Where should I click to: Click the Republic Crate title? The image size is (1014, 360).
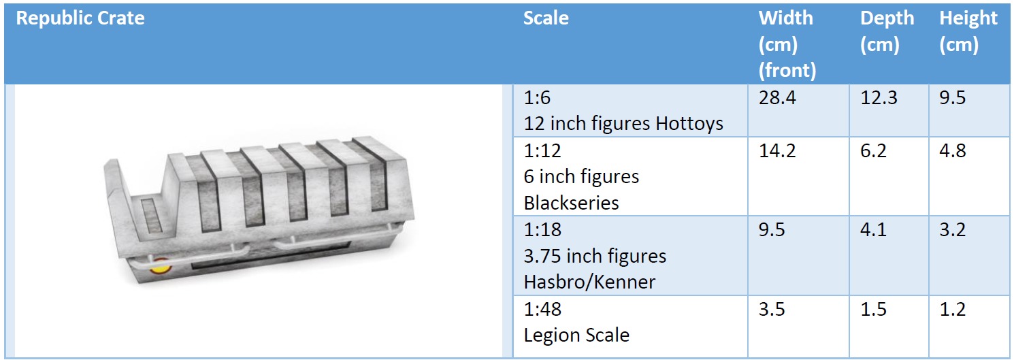click(80, 18)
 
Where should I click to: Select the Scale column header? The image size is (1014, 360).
click(546, 18)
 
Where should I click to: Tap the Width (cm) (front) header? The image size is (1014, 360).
click(786, 44)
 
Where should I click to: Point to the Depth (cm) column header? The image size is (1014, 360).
click(887, 31)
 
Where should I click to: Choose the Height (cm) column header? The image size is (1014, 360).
click(968, 31)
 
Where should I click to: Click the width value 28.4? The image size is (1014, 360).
click(777, 99)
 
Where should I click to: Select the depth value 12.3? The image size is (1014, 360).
click(879, 99)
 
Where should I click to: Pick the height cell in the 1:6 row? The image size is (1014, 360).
click(953, 99)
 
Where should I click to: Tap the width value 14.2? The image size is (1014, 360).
click(777, 151)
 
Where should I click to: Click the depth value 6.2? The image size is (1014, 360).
click(874, 151)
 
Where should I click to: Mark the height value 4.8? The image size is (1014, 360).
click(953, 151)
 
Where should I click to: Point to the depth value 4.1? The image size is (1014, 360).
click(874, 230)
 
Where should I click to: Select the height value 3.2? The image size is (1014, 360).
click(953, 230)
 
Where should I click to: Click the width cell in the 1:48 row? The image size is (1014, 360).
click(772, 310)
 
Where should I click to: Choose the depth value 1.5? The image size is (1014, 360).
click(874, 310)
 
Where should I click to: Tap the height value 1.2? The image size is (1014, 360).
click(953, 310)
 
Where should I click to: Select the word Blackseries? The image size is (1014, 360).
click(572, 203)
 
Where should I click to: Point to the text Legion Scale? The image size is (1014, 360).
click(576, 335)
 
